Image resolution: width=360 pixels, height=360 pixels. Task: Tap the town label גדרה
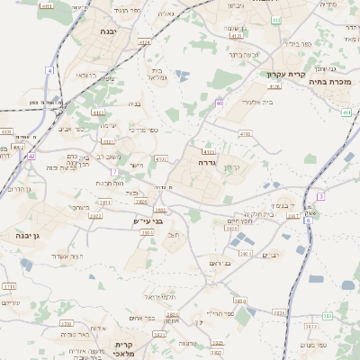click(x=204, y=163)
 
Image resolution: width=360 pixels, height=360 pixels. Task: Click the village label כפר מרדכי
click(x=141, y=131)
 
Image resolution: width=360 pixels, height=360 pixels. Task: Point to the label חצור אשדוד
click(x=89, y=256)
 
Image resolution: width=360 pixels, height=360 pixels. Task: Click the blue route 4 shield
click(x=49, y=69)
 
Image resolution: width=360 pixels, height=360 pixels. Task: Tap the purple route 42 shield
click(x=31, y=156)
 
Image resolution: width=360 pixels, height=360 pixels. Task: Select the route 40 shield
click(x=220, y=103)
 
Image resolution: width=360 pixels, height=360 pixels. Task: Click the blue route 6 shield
click(x=307, y=220)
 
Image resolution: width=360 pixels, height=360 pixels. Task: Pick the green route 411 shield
click(x=346, y=112)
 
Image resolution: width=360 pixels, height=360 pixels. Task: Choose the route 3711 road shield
click(x=9, y=286)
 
